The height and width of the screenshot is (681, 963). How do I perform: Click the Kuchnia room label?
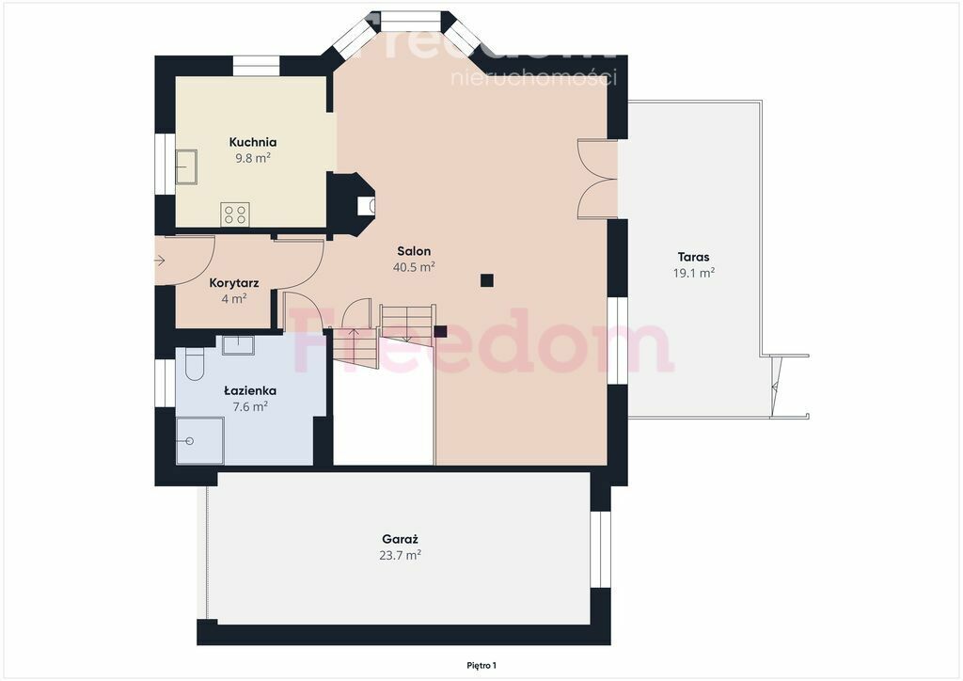coord(252,142)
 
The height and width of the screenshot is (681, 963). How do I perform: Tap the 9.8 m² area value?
coord(253,158)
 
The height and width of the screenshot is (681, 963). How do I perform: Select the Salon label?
coord(414,251)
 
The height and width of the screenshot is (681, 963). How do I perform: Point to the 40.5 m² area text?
coord(414,266)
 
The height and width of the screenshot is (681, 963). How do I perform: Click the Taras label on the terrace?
coord(693,258)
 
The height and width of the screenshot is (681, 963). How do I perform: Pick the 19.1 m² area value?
coord(693,273)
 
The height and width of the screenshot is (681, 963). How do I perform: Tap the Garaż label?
coord(400,539)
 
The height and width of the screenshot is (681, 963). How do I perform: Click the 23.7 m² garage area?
coord(400,555)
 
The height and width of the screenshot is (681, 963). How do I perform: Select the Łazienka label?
coord(250,390)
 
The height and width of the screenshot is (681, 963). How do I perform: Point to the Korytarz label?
coord(234,283)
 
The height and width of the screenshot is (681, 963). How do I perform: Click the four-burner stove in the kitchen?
coord(235,214)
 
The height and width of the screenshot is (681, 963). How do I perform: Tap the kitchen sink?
coord(186,167)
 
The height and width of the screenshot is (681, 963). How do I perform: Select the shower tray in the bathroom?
coord(199,441)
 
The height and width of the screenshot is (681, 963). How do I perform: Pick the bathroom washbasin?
coord(238,344)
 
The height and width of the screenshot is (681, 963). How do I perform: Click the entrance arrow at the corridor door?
coord(160,261)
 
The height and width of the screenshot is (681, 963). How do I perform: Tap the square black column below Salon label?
coord(487,280)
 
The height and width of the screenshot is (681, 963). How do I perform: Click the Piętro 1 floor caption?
coord(481,666)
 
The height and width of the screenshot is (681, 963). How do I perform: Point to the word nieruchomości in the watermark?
coord(534,77)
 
